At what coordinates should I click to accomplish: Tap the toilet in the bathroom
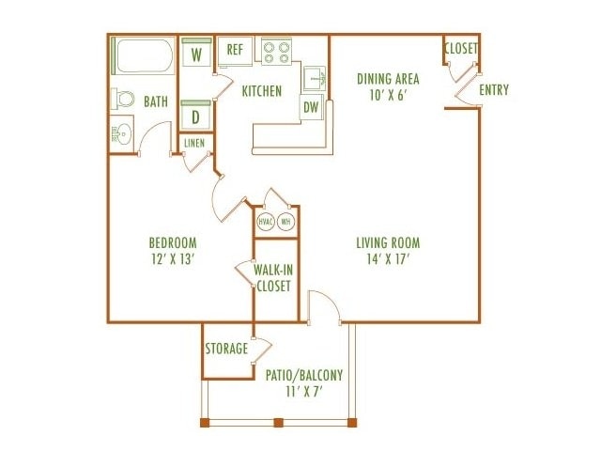pos(123,99)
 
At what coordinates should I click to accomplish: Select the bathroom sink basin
pos(123,134)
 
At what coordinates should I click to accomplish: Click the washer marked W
pos(196,52)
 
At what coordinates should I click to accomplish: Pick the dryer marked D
pos(195,115)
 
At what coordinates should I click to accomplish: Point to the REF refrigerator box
pos(235,52)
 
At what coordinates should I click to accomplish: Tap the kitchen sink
pos(315,79)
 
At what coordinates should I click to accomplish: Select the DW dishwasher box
pos(311,107)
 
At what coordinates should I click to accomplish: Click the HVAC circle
pos(266,222)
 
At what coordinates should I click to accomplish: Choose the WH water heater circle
pos(285,222)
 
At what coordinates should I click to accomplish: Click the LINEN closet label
pos(194,144)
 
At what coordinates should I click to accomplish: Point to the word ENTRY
pos(494,90)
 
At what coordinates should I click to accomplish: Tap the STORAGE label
pos(226,349)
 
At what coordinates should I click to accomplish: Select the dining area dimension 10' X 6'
pos(388,95)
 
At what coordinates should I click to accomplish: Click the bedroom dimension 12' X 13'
pos(172,259)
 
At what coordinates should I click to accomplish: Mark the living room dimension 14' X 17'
pos(388,259)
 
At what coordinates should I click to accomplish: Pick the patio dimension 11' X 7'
pos(304,392)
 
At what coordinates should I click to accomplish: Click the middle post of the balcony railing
pos(279,423)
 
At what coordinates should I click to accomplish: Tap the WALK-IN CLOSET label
pos(273,278)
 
